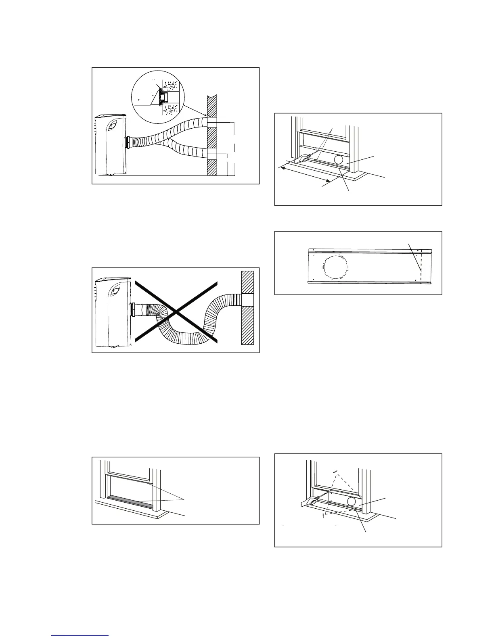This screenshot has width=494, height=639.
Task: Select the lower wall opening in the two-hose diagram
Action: point(213,154)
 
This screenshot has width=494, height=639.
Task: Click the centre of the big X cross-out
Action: point(176,312)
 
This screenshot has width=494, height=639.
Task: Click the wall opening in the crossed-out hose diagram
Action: point(247,300)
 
